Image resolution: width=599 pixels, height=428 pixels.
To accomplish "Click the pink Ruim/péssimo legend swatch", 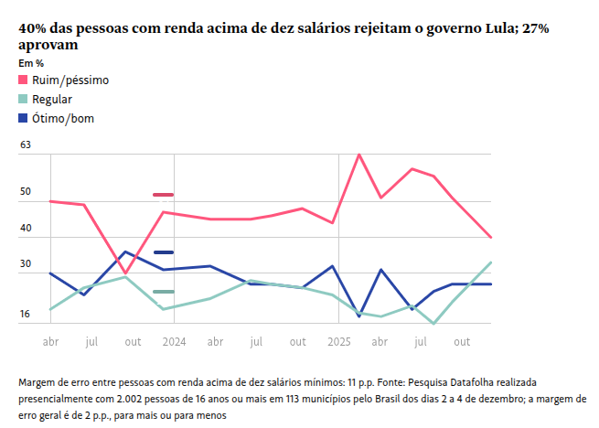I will click(23, 80).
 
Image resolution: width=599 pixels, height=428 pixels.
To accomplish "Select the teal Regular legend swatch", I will click(23, 100).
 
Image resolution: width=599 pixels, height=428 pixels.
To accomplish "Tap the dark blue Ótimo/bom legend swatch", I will click(23, 118).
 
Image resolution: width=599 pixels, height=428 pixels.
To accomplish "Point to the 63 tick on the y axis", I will click(26, 144).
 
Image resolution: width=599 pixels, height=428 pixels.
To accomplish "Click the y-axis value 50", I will click(26, 192).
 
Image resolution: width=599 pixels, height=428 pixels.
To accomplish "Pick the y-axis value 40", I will click(26, 228).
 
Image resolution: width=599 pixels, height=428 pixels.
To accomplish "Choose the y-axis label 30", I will click(26, 264).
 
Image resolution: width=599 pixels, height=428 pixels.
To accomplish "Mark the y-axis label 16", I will click(26, 315).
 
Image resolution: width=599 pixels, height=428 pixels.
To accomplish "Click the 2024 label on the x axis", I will click(174, 342).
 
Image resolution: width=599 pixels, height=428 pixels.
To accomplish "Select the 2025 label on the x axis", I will click(339, 342).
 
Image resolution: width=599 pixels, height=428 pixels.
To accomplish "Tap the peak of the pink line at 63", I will click(359, 154).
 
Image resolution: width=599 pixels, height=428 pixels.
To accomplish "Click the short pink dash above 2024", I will click(164, 195).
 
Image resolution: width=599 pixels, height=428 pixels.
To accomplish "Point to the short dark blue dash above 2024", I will click(164, 252).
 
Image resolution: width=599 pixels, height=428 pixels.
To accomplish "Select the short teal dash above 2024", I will click(164, 292).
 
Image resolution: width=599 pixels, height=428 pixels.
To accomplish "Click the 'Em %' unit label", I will click(31, 62).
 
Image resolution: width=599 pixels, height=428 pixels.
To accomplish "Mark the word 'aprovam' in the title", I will click(48, 44).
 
